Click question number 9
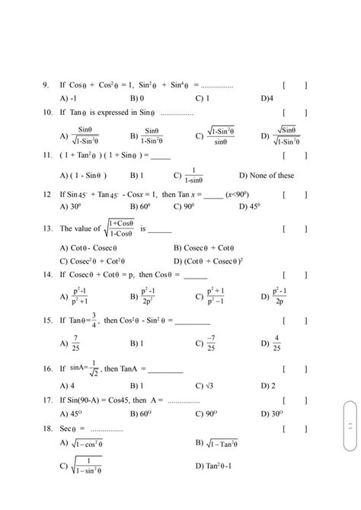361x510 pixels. tap(46, 85)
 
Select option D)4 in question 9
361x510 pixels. tap(266, 98)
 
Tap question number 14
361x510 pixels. tap(46, 274)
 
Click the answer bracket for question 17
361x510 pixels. tap(294, 400)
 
